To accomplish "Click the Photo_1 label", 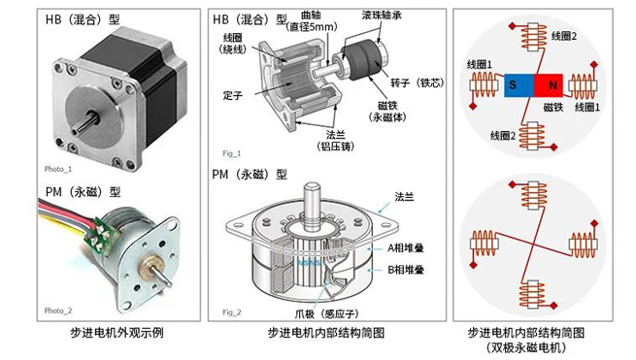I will click(57, 168).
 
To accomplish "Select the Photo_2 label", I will click(57, 311).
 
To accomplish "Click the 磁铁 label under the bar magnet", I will click(553, 106).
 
